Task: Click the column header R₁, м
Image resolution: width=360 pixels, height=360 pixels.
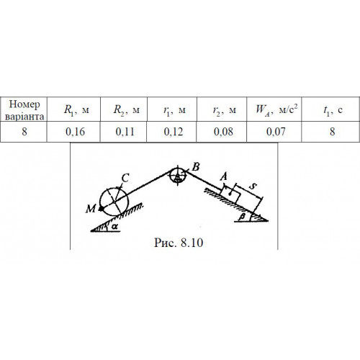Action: [76, 110]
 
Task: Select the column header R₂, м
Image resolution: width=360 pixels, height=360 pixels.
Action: [126, 110]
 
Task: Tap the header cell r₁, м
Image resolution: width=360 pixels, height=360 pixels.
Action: [174, 110]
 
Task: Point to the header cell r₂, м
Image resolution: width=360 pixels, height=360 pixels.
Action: [225, 110]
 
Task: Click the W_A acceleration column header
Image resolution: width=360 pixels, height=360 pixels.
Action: [276, 109]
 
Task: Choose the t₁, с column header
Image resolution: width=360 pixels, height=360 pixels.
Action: [333, 110]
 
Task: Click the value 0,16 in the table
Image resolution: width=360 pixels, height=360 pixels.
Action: [75, 132]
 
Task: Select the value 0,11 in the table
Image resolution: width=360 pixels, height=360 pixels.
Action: [125, 132]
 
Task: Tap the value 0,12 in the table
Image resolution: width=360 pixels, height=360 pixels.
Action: [174, 132]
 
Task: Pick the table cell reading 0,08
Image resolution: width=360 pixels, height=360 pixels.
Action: [223, 132]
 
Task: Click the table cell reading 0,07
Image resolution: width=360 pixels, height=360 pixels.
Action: [276, 132]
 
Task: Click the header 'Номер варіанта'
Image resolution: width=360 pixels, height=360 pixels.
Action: [24, 110]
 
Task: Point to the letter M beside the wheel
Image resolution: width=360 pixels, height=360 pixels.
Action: [91, 209]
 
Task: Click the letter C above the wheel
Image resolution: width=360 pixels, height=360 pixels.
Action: [125, 179]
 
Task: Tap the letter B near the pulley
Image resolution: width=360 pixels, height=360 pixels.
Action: [196, 167]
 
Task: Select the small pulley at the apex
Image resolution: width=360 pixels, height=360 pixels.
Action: [178, 176]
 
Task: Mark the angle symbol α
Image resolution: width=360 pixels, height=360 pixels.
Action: [115, 226]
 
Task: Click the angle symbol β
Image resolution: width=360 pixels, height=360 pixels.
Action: [243, 217]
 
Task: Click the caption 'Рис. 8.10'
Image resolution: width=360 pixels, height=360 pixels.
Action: [179, 243]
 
